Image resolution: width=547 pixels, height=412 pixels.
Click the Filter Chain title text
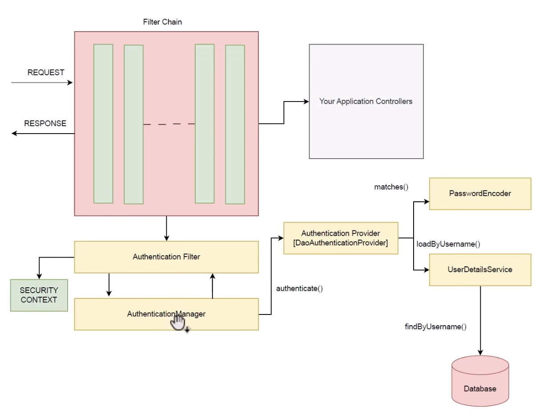[162, 22]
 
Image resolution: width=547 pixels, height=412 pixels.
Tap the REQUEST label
[46, 72]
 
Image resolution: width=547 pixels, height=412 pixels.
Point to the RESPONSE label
[45, 123]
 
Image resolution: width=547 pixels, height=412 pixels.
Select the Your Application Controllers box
[366, 101]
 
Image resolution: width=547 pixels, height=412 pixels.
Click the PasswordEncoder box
[480, 194]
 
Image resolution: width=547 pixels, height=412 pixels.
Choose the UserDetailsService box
[480, 270]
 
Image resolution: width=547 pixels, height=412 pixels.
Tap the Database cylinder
[480, 381]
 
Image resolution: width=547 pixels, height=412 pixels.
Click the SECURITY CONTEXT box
[39, 295]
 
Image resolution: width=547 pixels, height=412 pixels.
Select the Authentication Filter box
[166, 257]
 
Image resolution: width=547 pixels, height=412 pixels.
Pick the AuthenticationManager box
[166, 314]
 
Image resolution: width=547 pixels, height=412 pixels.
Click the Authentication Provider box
[341, 238]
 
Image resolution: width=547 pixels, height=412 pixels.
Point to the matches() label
[391, 187]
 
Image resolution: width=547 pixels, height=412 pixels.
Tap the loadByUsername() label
[448, 244]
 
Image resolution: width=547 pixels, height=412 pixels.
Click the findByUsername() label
[436, 326]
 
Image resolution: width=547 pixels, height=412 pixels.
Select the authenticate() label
[299, 289]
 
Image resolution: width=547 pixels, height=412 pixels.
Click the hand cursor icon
[178, 322]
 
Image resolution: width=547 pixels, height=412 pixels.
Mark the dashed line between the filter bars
[169, 124]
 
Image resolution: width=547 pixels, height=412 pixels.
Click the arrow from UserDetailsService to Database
[480, 321]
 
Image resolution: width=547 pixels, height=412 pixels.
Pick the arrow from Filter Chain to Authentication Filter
[166, 228]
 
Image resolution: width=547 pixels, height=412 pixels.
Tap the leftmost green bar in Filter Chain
[103, 123]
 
